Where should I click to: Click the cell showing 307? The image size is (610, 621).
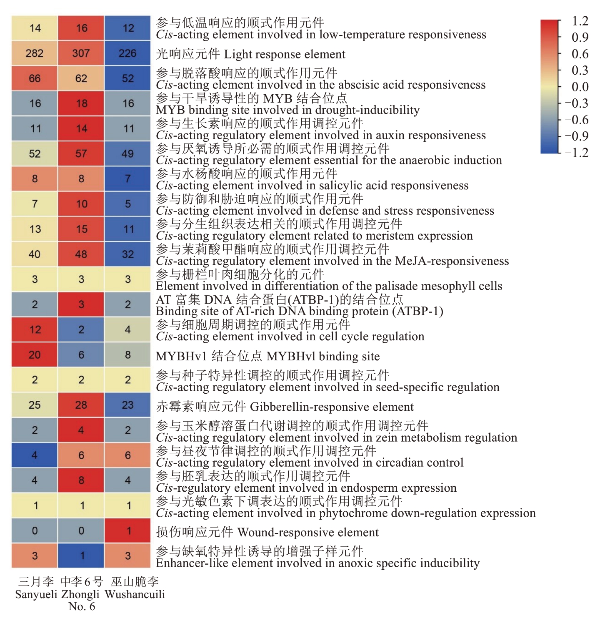point(81,53)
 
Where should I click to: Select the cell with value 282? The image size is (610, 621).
point(35,53)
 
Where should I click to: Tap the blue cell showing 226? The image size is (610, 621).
point(127,53)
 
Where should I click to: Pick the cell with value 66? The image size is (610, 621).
point(35,78)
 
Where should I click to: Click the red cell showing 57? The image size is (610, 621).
point(81,153)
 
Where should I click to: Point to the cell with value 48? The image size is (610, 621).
point(81,254)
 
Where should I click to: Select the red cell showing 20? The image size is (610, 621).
point(35,354)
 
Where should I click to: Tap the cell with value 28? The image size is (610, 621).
point(81,405)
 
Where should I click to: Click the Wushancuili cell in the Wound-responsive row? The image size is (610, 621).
point(127,530)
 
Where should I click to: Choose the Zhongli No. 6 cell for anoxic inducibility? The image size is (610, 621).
point(81,556)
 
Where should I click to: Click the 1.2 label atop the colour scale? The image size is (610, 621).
point(580,21)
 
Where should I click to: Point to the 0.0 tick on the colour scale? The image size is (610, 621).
point(580,87)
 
